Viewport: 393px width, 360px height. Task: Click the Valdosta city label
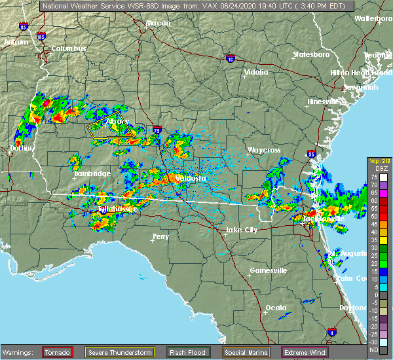[x=189, y=178]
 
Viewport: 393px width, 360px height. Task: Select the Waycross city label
[x=264, y=151]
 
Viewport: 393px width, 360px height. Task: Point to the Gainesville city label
[x=269, y=270]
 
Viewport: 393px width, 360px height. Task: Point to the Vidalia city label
[x=256, y=72]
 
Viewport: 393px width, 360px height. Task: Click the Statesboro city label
[x=312, y=54]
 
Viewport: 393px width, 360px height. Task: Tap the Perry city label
[x=160, y=236]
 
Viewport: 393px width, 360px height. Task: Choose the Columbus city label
[x=69, y=49]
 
